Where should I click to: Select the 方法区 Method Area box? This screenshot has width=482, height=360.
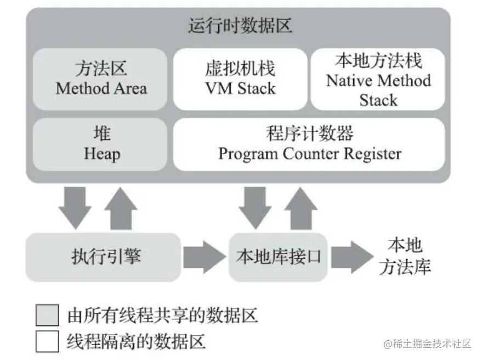coord(100,79)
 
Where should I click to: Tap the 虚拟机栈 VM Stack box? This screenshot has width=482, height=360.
coord(240,79)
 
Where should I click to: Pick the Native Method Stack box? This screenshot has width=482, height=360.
coord(378,79)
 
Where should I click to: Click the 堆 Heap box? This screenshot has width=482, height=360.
coord(100,144)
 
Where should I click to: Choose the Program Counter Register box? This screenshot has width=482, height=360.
coord(309,144)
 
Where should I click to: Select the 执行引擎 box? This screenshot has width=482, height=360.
coord(103,257)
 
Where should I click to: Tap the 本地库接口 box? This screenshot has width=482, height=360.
coord(278,257)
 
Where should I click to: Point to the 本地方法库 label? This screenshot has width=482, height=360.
coord(405,256)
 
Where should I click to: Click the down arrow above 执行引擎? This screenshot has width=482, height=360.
coord(75,207)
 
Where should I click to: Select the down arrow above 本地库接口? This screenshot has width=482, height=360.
coord(255,207)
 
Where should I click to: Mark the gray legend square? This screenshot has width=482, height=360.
coord(47,315)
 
